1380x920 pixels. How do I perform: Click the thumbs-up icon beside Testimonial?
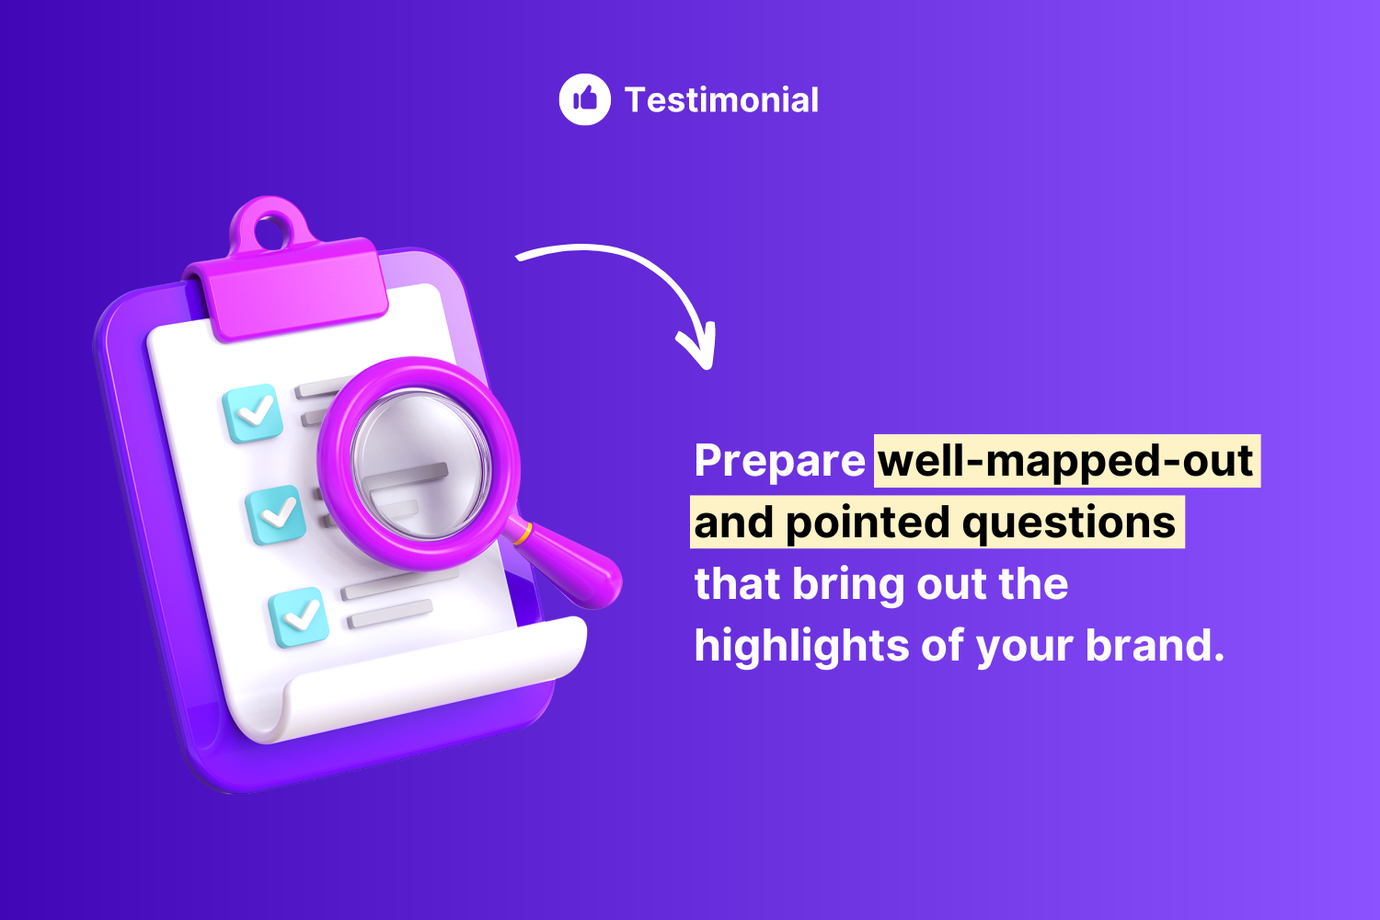click(584, 99)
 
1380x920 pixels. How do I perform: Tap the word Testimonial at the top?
click(721, 100)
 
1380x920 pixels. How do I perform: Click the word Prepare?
click(779, 461)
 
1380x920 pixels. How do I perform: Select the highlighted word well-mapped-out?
click(1065, 461)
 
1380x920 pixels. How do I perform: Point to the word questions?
click(1069, 523)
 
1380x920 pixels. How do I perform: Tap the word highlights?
click(801, 646)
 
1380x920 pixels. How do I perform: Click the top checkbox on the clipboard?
click(253, 413)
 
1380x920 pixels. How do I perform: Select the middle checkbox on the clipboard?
click(275, 514)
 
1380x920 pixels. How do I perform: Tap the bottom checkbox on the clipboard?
click(299, 616)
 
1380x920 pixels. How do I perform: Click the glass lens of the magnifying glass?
click(420, 464)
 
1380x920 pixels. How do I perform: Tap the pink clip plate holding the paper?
click(290, 290)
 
